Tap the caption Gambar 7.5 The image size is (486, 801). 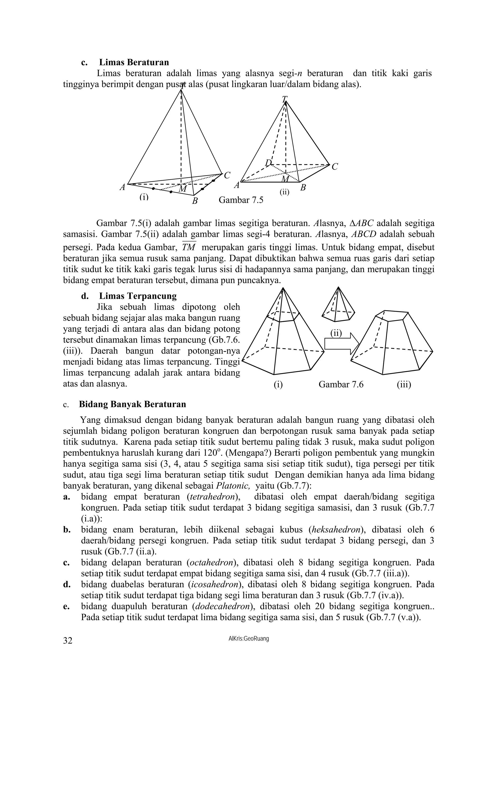pyautogui.click(x=241, y=200)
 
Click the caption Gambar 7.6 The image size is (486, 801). pyautogui.click(x=341, y=384)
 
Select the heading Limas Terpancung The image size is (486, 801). pyautogui.click(x=137, y=296)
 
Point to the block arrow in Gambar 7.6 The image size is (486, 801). pyautogui.click(x=341, y=344)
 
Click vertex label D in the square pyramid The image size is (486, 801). pyautogui.click(x=268, y=162)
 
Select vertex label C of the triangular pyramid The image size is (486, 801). pyautogui.click(x=227, y=175)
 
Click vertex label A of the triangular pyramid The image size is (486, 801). pyautogui.click(x=122, y=187)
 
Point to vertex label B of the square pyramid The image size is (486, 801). pyautogui.click(x=303, y=188)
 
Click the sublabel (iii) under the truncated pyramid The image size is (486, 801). pyautogui.click(x=403, y=384)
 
